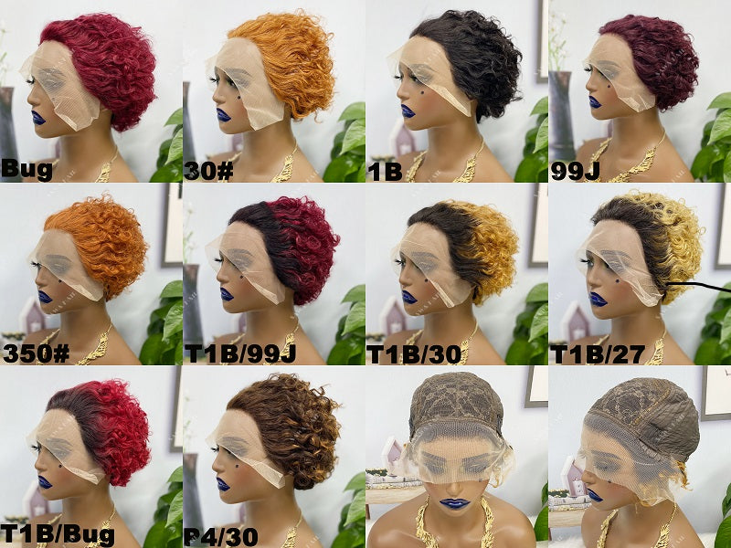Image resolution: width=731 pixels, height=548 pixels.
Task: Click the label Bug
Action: pyautogui.click(x=26, y=170)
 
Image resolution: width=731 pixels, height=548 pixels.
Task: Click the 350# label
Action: pyautogui.click(x=36, y=353)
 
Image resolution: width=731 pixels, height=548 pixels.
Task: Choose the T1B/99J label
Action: pyautogui.click(x=240, y=354)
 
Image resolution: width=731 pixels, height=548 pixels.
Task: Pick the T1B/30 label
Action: pyautogui.click(x=415, y=354)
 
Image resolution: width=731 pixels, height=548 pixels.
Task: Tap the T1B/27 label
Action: pyautogui.click(x=598, y=354)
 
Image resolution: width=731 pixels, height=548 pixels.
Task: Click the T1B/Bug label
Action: pyautogui.click(x=57, y=535)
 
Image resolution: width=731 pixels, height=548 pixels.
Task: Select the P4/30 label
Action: pyautogui.click(x=221, y=537)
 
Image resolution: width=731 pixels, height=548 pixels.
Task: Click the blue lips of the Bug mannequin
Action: pyautogui.click(x=38, y=118)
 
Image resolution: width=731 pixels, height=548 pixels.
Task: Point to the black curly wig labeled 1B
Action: pyautogui.click(x=471, y=60)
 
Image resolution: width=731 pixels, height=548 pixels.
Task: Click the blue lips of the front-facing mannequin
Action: pyautogui.click(x=454, y=503)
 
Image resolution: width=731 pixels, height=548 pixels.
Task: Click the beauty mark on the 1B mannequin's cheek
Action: pyautogui.click(x=422, y=93)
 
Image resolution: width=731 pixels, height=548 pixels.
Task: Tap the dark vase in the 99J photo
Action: pyautogui.click(x=562, y=117)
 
